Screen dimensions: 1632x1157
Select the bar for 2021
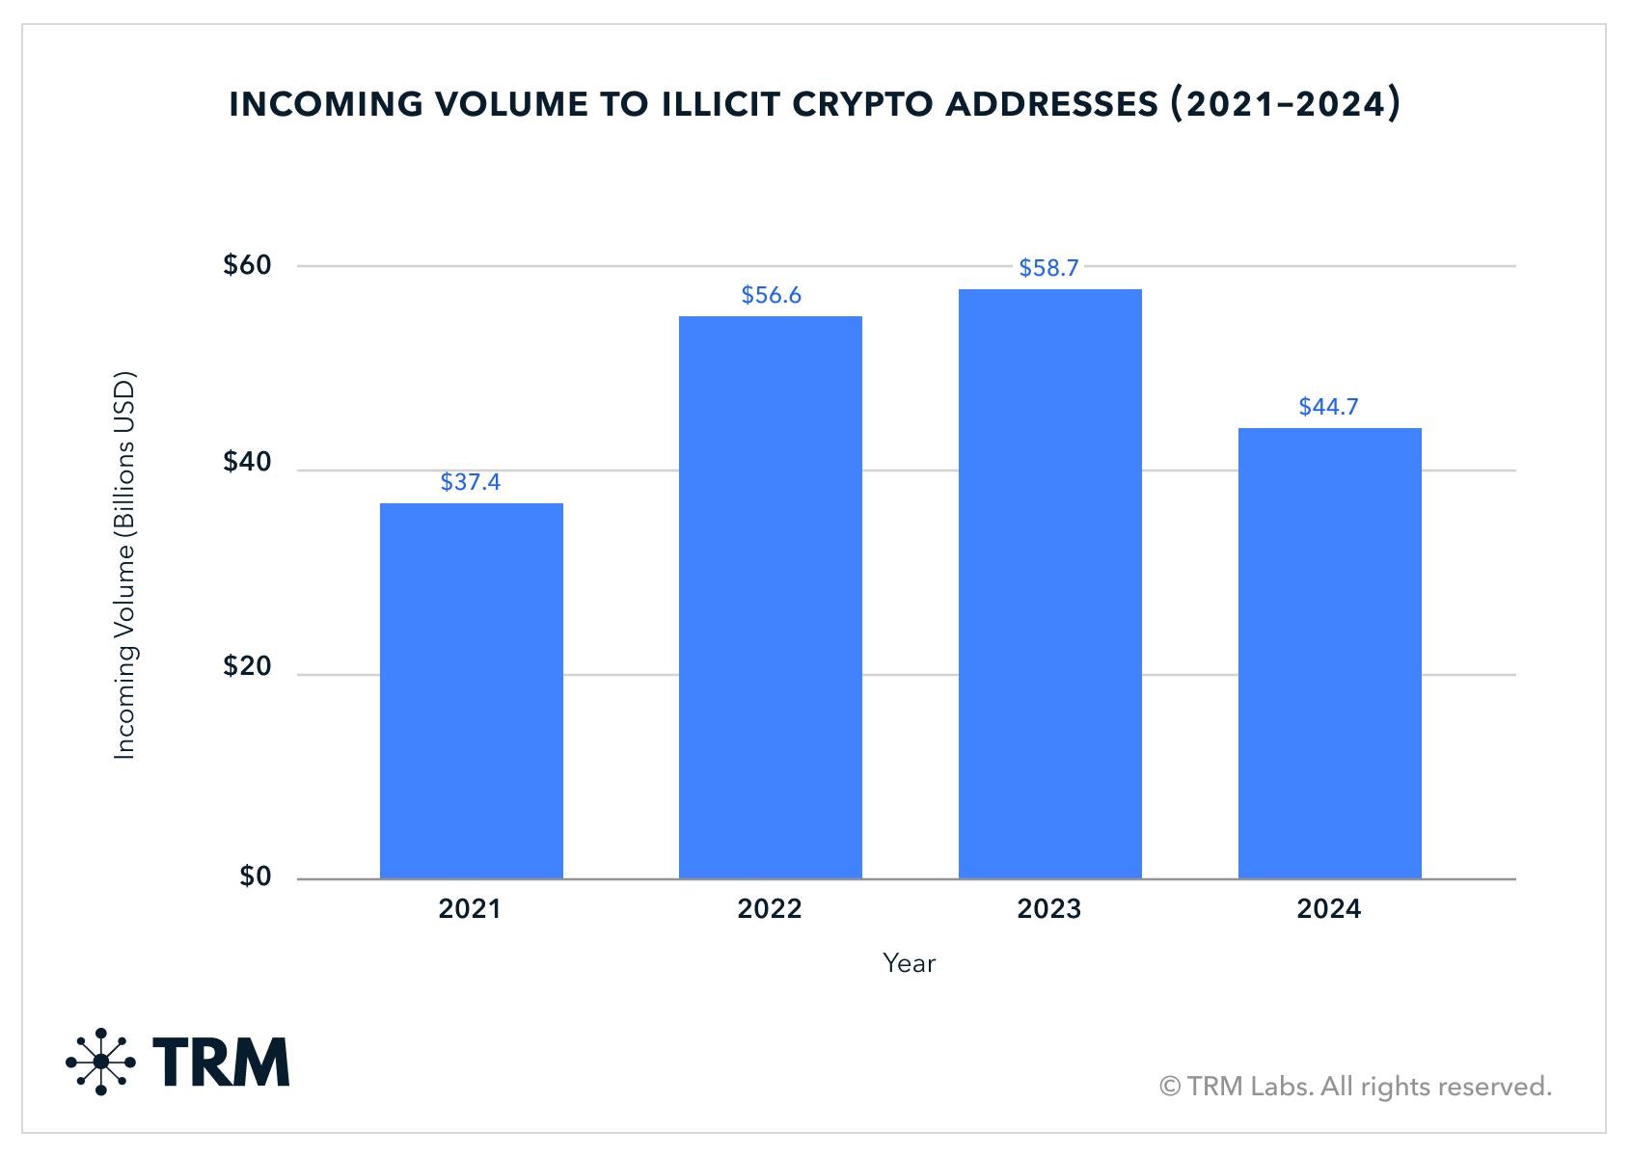click(x=472, y=691)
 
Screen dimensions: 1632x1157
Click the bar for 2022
click(x=770, y=597)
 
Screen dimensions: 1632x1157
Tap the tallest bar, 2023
click(x=1049, y=584)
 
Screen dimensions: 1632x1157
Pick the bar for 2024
click(x=1330, y=653)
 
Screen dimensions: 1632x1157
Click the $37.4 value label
click(x=471, y=482)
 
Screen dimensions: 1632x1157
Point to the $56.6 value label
click(x=771, y=295)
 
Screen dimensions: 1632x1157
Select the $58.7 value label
click(x=1048, y=268)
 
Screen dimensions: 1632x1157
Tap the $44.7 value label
click(x=1328, y=406)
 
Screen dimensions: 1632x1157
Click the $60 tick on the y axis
click(x=247, y=265)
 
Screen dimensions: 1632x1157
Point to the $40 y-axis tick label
click(x=247, y=462)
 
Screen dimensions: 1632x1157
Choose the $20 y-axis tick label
click(x=247, y=665)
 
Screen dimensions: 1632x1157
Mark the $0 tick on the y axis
click(x=255, y=875)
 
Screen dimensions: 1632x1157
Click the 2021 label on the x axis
click(x=470, y=908)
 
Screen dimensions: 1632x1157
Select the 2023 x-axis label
click(x=1049, y=908)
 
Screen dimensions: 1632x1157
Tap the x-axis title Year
click(x=909, y=963)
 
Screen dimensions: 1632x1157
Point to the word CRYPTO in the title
click(x=862, y=104)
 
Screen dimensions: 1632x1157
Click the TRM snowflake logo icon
click(x=100, y=1062)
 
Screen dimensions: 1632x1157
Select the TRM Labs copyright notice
click(x=1355, y=1087)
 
